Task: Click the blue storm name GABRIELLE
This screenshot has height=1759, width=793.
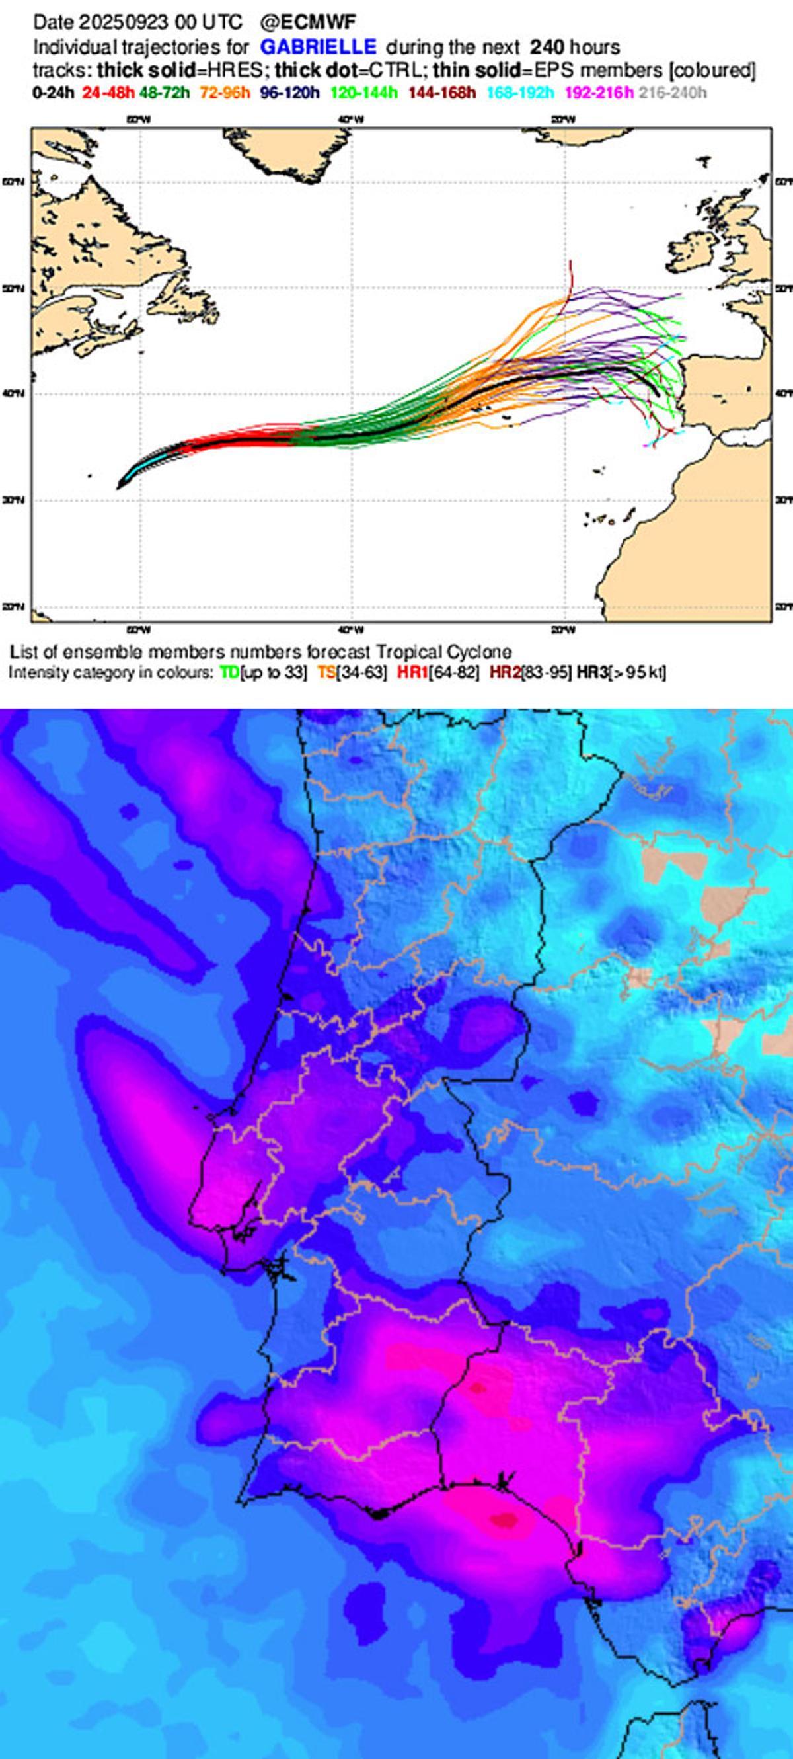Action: (x=318, y=47)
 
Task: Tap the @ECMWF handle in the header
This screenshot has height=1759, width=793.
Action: (x=308, y=22)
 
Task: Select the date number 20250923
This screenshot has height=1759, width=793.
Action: (x=123, y=22)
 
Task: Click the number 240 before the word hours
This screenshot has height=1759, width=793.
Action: (x=547, y=47)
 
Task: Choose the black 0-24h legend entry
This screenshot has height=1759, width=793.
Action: (x=54, y=92)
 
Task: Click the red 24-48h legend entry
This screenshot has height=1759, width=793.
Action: (x=108, y=92)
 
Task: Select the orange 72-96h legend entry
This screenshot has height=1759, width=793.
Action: (x=225, y=92)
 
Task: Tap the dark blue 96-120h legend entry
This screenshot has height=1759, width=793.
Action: (x=289, y=92)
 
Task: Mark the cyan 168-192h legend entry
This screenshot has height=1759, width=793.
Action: (x=521, y=92)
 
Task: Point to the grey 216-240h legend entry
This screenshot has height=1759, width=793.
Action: (x=673, y=92)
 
